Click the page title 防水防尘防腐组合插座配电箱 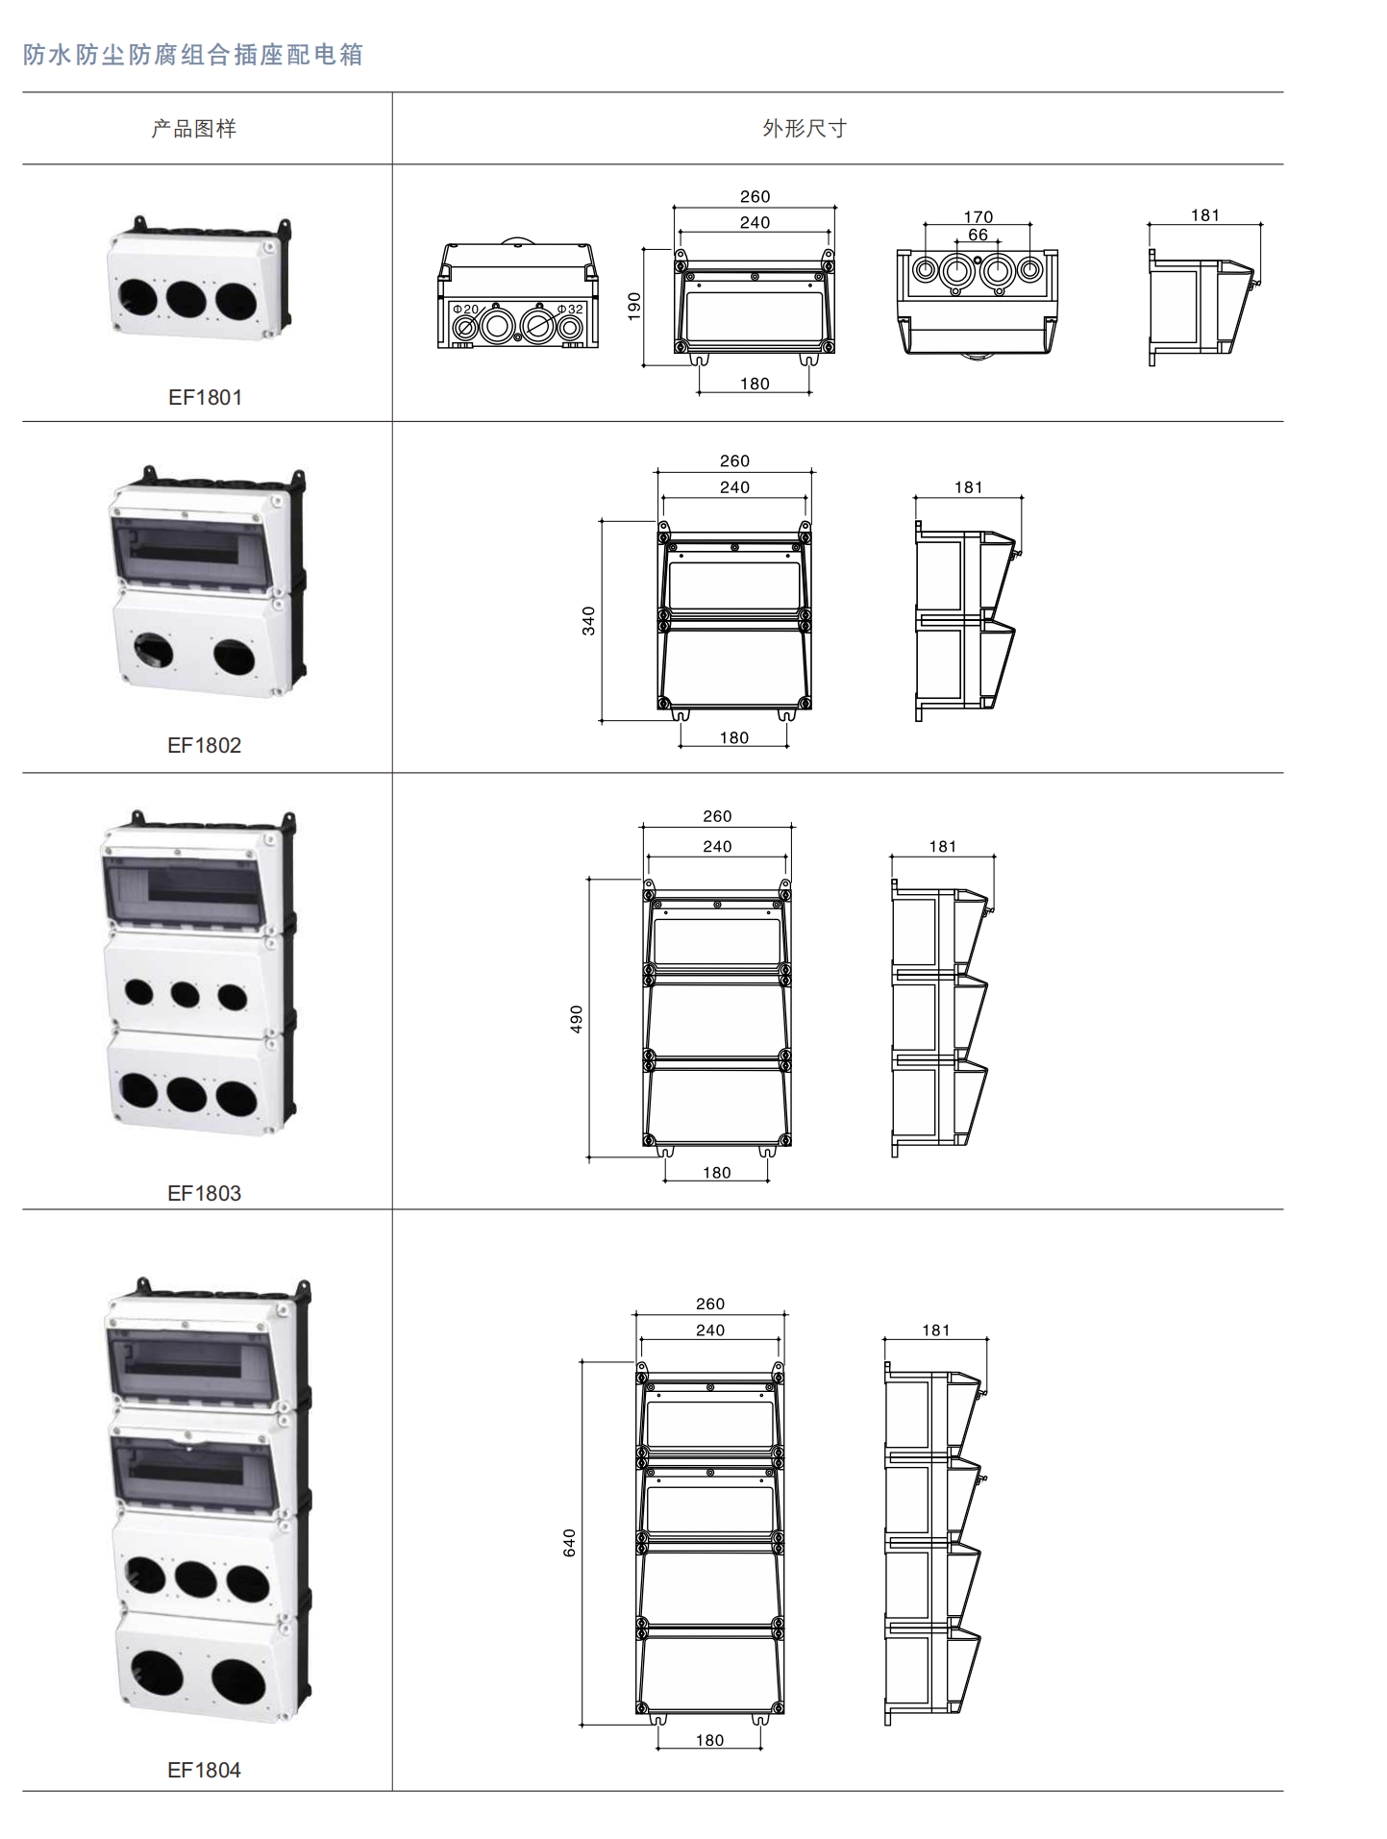coord(193,55)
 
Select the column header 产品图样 coord(194,129)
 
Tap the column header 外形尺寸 coord(805,129)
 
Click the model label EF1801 coord(205,397)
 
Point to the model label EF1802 coord(205,745)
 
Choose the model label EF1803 coord(205,1193)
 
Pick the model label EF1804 coord(205,1770)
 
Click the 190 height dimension coord(634,307)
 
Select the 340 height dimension coord(588,621)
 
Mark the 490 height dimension coord(577,1019)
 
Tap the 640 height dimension coord(570,1543)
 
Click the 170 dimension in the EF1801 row coord(978,217)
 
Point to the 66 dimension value coord(978,235)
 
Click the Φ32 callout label coord(570,310)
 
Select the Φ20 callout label coord(465,310)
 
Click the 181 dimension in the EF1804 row coord(936,1330)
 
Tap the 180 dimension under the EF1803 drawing coord(717,1173)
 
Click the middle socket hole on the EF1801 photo coord(186,299)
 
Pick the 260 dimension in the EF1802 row coord(735,461)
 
